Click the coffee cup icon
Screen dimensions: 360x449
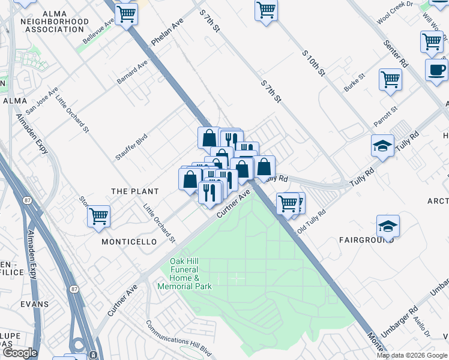pyautogui.click(x=436, y=70)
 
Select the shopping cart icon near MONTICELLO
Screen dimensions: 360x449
pyautogui.click(x=98, y=217)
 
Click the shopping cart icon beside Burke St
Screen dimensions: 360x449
pyautogui.click(x=390, y=80)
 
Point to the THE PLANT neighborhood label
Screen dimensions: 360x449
pyautogui.click(x=135, y=191)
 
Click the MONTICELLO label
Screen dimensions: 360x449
pyautogui.click(x=129, y=242)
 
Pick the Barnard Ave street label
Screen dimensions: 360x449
pyautogui.click(x=132, y=71)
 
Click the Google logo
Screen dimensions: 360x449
pyautogui.click(x=20, y=353)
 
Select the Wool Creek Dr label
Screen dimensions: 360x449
pyautogui.click(x=395, y=12)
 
